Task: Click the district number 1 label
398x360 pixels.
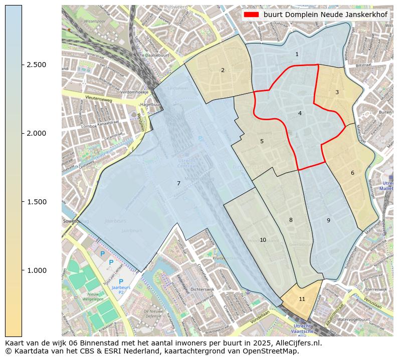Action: coord(297,54)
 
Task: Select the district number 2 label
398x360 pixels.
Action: coord(223,70)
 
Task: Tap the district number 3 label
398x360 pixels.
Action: coord(337,92)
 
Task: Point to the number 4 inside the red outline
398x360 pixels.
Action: coord(300,113)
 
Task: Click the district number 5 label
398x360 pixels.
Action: coord(262,141)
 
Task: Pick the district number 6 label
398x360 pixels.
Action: coord(352,173)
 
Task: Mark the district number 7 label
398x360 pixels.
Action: coord(178,183)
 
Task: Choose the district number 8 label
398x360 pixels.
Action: coord(291,220)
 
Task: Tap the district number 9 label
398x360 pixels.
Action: coord(328,220)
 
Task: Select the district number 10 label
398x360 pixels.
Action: coord(263,240)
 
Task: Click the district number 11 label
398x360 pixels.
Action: coord(302,299)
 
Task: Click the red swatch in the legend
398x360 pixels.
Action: coord(252,15)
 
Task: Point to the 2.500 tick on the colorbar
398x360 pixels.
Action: coord(36,65)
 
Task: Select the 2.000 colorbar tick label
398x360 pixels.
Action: coord(36,133)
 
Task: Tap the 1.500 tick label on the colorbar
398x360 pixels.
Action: coord(36,202)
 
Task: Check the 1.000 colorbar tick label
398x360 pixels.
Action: coord(36,270)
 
